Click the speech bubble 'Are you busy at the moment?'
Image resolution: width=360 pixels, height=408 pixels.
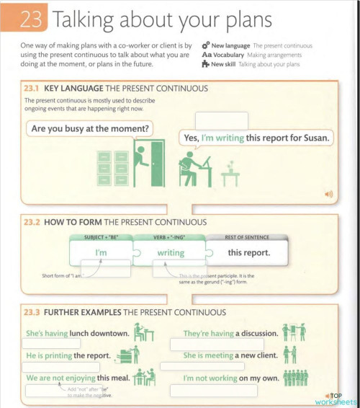[x=91, y=130]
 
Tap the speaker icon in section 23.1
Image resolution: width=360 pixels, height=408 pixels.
[x=329, y=194]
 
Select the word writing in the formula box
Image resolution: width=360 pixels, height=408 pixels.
[x=171, y=253]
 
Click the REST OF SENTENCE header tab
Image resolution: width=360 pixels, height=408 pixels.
[x=246, y=237]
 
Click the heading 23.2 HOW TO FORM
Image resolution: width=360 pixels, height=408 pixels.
[x=115, y=222]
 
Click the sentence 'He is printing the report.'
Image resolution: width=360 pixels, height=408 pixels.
[x=68, y=356]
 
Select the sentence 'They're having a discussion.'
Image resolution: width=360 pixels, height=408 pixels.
[x=228, y=334]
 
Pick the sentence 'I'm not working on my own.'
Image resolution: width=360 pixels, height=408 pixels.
[x=230, y=378]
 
